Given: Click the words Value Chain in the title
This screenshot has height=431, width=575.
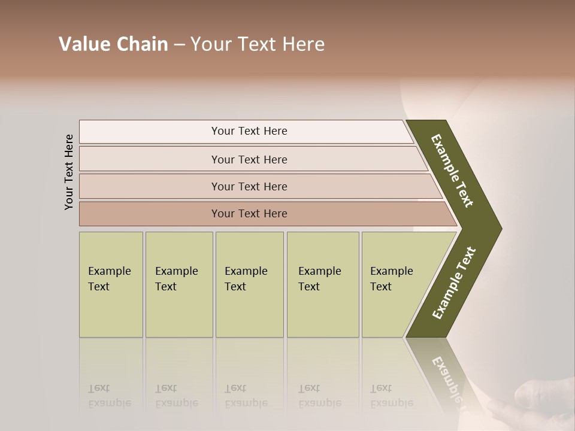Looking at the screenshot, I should [x=113, y=44].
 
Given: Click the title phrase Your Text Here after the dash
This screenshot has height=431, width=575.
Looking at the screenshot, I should [x=258, y=44].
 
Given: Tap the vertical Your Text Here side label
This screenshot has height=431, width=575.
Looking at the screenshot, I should [x=69, y=172].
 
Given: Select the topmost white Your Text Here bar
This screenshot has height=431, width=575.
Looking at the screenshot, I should [x=249, y=131].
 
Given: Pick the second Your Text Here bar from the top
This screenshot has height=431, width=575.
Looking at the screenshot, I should [x=249, y=159].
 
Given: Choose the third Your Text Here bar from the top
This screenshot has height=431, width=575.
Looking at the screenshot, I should [x=249, y=186].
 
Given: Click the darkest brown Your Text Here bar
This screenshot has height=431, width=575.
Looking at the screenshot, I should [x=249, y=214].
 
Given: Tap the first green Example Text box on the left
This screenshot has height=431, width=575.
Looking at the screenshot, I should [x=111, y=284].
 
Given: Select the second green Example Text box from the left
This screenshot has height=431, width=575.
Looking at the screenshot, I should [x=178, y=284].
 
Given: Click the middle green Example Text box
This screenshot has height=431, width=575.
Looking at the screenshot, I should [x=249, y=284].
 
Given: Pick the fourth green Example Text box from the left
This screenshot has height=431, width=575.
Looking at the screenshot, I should [x=322, y=284].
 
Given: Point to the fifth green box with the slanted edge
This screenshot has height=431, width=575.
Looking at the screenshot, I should [x=395, y=284].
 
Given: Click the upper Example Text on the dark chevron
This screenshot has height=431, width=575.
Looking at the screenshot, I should [x=452, y=171].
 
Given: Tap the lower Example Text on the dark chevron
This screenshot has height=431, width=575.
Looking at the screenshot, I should [x=454, y=283].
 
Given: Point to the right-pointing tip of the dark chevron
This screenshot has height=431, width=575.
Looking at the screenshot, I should [x=500, y=228].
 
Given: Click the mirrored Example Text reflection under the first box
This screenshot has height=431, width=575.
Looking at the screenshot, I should [x=109, y=396].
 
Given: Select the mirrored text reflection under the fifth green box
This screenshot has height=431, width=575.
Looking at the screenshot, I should [x=391, y=396].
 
